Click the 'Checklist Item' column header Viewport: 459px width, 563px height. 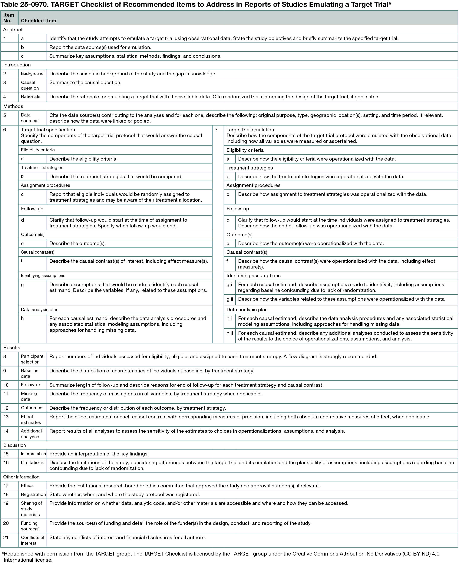[x=38, y=21]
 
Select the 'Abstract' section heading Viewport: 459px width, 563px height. [x=13, y=30]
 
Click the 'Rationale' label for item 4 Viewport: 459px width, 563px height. [x=30, y=96]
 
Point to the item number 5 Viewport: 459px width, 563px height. [x=4, y=115]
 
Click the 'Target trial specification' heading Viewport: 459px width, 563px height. [x=48, y=130]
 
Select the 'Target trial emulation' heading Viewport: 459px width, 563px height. [x=250, y=130]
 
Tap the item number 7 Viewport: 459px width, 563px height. [x=216, y=130]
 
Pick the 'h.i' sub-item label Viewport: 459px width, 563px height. [x=229, y=318]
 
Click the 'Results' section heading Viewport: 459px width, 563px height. [x=12, y=348]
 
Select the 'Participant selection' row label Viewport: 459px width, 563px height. [x=32, y=359]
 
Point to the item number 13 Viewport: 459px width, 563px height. [x=6, y=417]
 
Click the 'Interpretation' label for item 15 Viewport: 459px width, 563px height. [x=33, y=454]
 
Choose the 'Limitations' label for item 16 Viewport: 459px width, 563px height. [x=32, y=462]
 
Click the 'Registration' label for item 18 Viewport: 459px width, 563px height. [x=33, y=494]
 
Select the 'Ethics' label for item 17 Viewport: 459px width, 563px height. [x=27, y=485]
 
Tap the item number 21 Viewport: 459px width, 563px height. [x=6, y=537]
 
